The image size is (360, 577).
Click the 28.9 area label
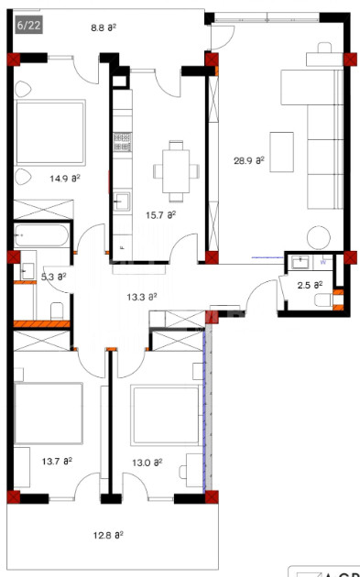pyautogui.click(x=249, y=159)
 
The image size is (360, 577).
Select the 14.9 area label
pyautogui.click(x=64, y=179)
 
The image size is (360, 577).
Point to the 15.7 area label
pyautogui.click(x=160, y=214)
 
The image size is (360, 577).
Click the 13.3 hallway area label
pyautogui.click(x=140, y=296)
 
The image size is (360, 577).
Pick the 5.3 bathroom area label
pyautogui.click(x=54, y=275)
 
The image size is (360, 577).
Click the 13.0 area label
pyautogui.click(x=147, y=462)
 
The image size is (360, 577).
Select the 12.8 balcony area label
pyautogui.click(x=108, y=534)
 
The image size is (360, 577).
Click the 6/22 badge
pyautogui.click(x=27, y=25)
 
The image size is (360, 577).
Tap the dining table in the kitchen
pyautogui.click(x=175, y=169)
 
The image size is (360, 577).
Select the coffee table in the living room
pyautogui.click(x=281, y=150)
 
